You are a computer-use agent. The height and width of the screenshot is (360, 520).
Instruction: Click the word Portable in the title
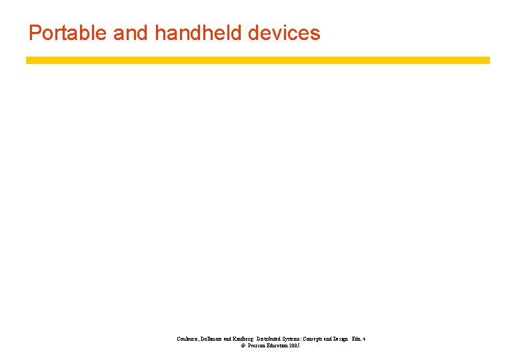[x=68, y=33]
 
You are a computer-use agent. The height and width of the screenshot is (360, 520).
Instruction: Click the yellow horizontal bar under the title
[x=258, y=60]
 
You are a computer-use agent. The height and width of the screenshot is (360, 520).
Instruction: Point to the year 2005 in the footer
[x=295, y=346]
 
